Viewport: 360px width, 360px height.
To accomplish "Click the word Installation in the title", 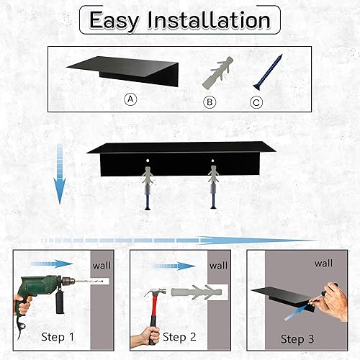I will click(x=208, y=21).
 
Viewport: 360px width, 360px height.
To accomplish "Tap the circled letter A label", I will click(x=130, y=100).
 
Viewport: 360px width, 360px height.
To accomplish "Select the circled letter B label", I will click(x=210, y=102).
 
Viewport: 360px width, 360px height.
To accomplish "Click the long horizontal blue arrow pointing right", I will click(x=180, y=239).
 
